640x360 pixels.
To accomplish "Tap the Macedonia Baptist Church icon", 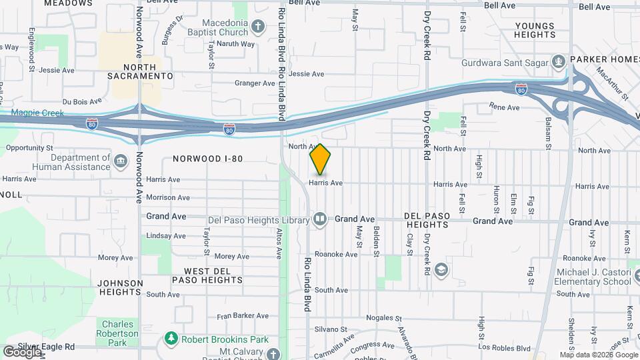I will point(259,28).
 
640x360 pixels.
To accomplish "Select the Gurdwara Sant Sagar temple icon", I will point(559,63).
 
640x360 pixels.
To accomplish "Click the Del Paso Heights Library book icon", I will point(320,219).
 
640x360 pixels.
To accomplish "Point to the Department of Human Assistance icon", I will point(121,161).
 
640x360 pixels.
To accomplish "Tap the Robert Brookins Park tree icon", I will point(171,339).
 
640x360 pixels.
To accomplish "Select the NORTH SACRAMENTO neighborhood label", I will point(140,71).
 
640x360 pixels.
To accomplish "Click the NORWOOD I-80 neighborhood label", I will point(207,159).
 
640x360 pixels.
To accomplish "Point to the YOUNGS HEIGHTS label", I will point(535,31).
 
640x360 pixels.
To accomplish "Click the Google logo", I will point(22,351).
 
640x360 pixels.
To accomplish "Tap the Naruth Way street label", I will point(237,45).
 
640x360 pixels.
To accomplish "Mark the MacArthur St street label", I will point(612,82).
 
